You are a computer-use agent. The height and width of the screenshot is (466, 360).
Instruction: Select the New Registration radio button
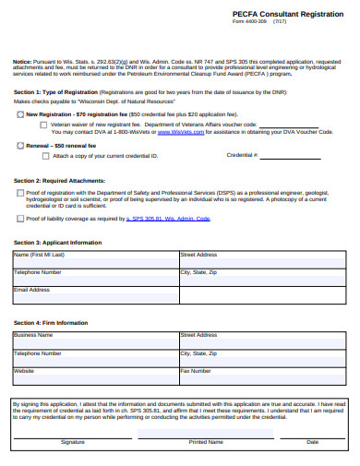(21, 114)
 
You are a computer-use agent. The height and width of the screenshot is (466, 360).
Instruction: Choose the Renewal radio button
(21, 146)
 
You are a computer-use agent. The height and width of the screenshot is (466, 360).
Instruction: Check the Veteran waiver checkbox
(43, 123)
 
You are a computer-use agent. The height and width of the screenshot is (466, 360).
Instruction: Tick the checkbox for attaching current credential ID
(43, 156)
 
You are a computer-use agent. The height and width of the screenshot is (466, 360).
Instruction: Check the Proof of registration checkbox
(21, 192)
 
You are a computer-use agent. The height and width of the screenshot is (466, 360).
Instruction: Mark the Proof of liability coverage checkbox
(21, 219)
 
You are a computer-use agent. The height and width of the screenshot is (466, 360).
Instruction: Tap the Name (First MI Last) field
(95, 259)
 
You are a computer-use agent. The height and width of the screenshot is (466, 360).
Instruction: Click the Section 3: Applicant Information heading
(57, 242)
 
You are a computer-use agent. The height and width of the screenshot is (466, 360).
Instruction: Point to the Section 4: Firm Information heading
(51, 323)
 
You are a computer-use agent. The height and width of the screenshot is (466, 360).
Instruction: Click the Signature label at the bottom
(73, 442)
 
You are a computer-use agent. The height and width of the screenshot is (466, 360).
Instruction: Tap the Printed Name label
(206, 442)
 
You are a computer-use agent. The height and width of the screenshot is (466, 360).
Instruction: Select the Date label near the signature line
(313, 442)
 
